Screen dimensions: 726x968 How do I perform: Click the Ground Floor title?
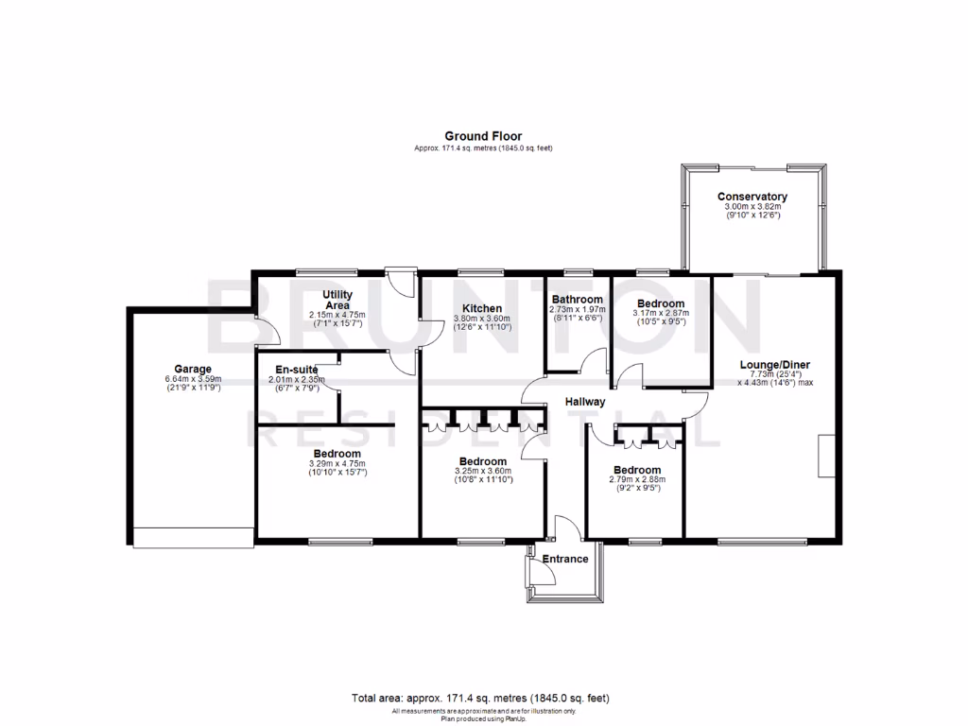coord(483,136)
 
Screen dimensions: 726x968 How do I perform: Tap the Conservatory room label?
coord(752,197)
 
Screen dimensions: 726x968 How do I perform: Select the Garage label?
coord(192,369)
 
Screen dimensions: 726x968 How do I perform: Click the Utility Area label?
coord(337,300)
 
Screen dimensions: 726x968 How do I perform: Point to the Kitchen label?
coord(482,308)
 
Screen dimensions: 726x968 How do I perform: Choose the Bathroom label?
coord(577,300)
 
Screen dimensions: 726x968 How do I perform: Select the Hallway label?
coord(585,402)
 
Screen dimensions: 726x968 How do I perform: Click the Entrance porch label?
coord(565,559)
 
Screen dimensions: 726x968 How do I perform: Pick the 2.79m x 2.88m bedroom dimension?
coord(636,479)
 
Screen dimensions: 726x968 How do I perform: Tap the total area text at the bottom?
coord(480,699)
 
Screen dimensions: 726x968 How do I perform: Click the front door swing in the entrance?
coord(565,530)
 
